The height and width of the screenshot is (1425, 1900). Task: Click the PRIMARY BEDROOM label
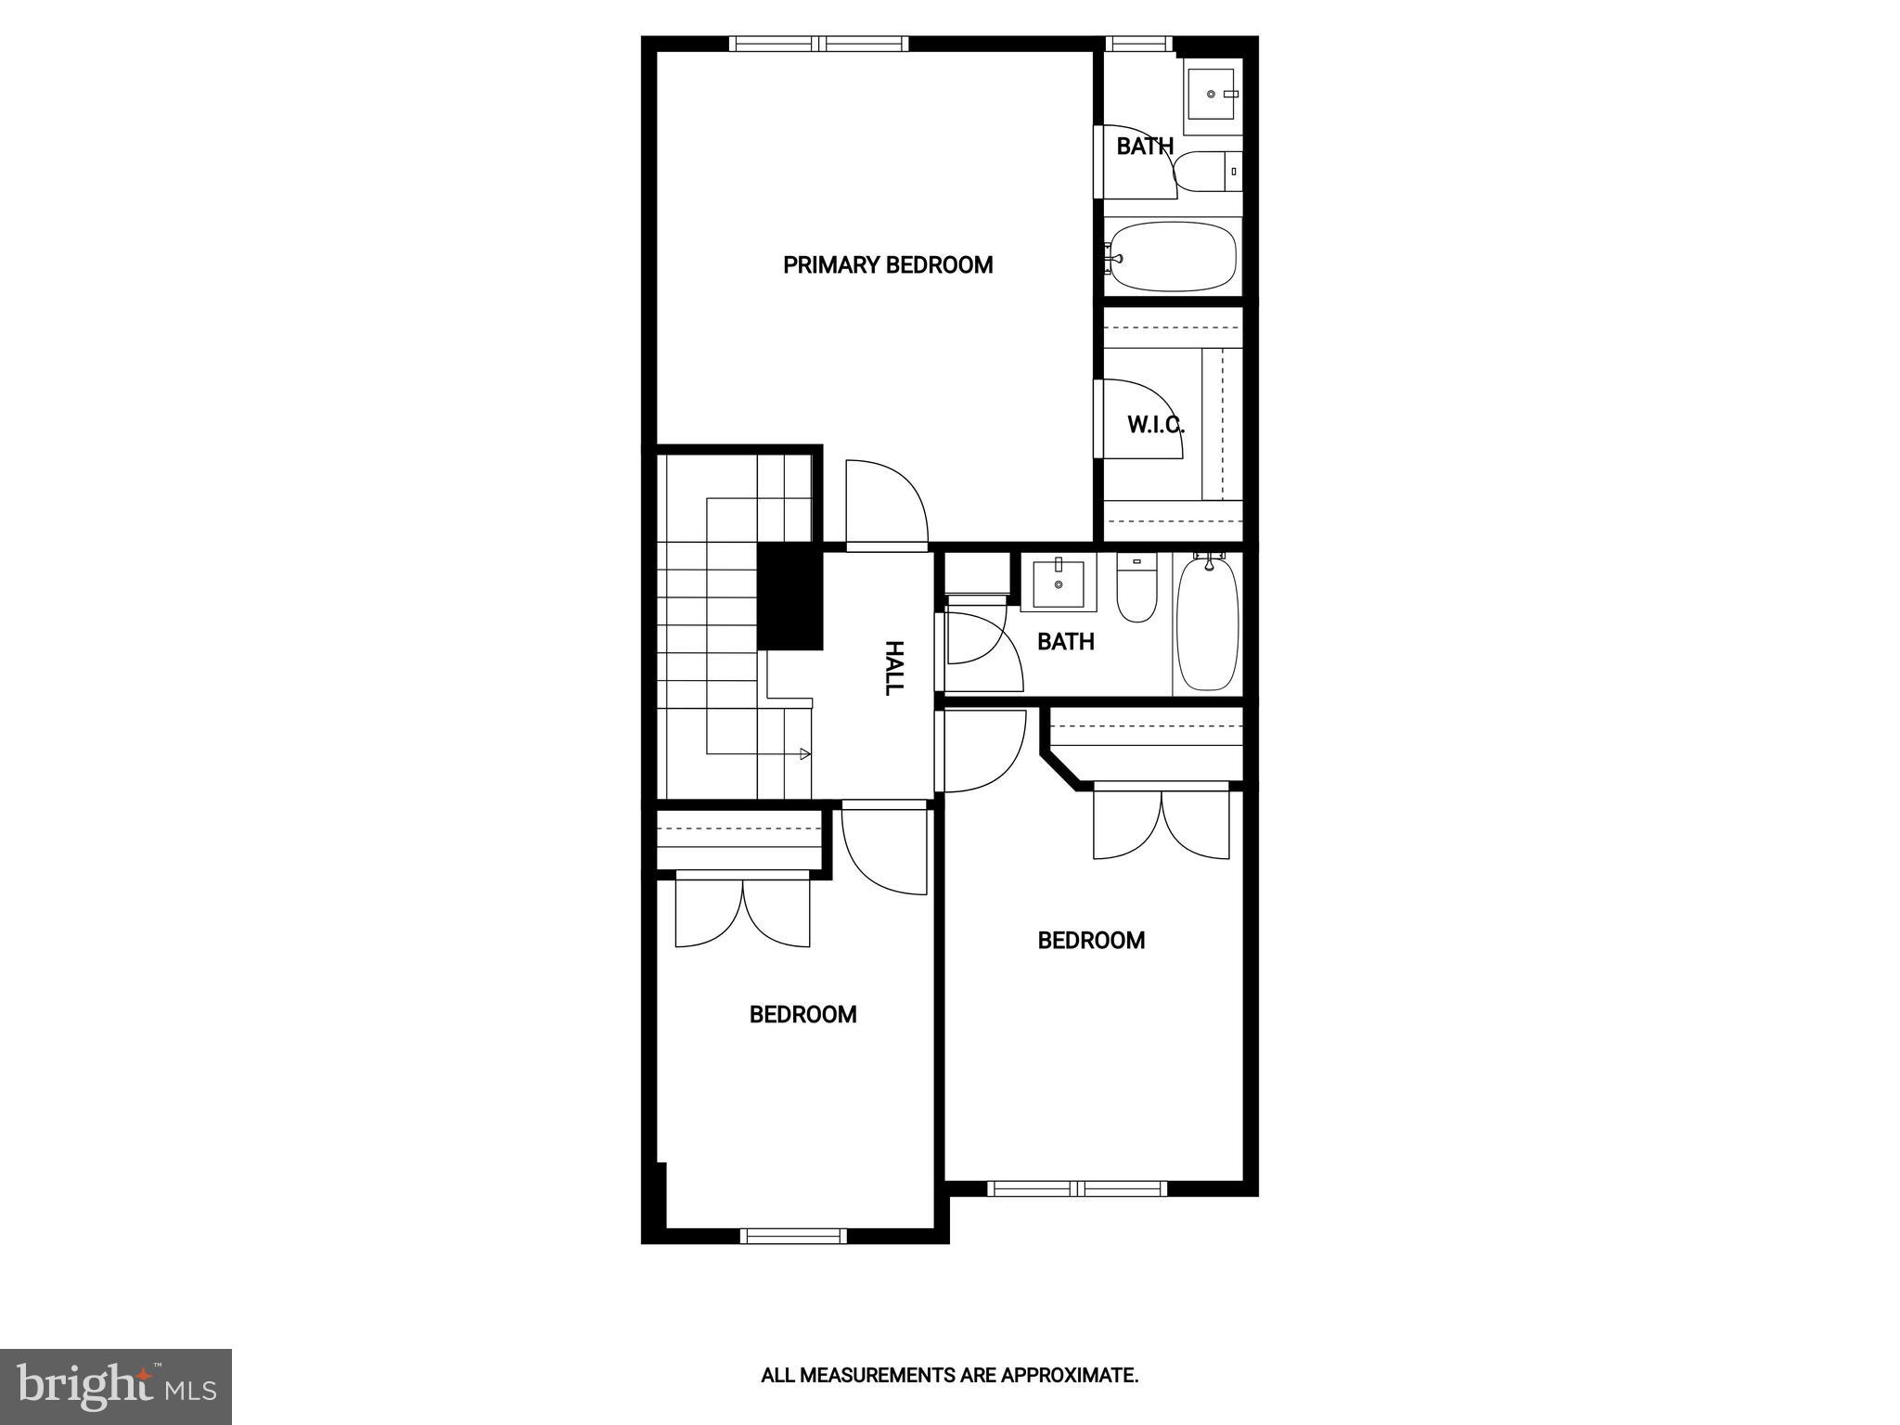(x=888, y=265)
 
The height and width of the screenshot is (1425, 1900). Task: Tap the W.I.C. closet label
(x=1155, y=425)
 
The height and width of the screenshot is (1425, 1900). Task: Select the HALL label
(x=893, y=668)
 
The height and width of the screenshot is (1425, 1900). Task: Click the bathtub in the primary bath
(x=1174, y=257)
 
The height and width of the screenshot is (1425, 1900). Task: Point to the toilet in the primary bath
(x=1207, y=172)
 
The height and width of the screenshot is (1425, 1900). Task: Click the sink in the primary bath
(x=1213, y=94)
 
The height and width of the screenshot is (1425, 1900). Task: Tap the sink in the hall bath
(x=1059, y=584)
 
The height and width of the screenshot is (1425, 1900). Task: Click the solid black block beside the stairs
(x=790, y=597)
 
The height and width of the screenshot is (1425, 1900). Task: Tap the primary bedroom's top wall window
(x=818, y=44)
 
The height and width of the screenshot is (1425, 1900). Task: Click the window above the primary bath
(x=1139, y=44)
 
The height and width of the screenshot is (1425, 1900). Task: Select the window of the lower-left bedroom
(x=793, y=1235)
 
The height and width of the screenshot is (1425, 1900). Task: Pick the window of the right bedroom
(x=1077, y=1188)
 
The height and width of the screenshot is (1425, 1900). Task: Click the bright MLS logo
(x=116, y=1387)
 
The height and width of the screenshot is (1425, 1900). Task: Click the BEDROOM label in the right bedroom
(x=1091, y=941)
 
